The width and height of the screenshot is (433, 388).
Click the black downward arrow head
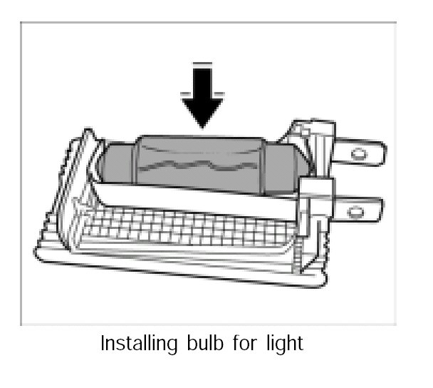[202, 111]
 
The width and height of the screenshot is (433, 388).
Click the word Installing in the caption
[135, 343]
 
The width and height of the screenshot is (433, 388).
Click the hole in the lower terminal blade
[354, 211]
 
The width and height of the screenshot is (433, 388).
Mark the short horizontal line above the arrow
[202, 65]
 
